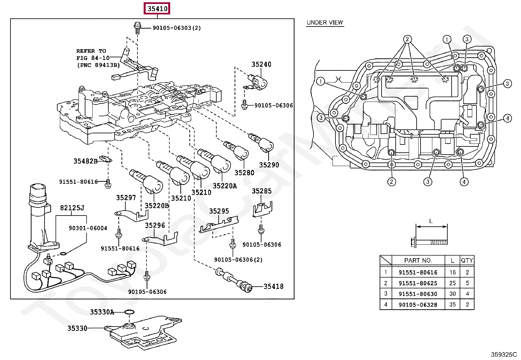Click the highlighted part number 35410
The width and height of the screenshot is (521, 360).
(157, 9)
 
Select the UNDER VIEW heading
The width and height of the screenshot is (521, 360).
(324, 23)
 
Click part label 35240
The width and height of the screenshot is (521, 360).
(261, 65)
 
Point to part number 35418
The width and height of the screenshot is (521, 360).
(274, 286)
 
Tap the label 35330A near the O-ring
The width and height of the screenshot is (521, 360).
(102, 312)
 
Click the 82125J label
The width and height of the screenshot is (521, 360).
(72, 208)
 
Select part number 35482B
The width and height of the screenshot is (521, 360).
(85, 161)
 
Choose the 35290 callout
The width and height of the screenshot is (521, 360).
(269, 165)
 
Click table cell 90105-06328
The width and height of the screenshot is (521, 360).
(418, 305)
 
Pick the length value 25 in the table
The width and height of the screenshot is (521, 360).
(452, 283)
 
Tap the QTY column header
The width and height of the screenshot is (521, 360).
(467, 260)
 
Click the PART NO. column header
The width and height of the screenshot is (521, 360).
(418, 260)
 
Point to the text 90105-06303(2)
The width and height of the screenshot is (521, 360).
(177, 28)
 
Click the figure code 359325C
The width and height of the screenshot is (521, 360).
(503, 354)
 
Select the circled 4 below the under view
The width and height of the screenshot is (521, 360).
(464, 182)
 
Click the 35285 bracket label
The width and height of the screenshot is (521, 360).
(261, 191)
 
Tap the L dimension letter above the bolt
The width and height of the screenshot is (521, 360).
(431, 221)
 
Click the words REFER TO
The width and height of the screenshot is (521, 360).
(91, 51)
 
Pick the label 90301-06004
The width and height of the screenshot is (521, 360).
(88, 228)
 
